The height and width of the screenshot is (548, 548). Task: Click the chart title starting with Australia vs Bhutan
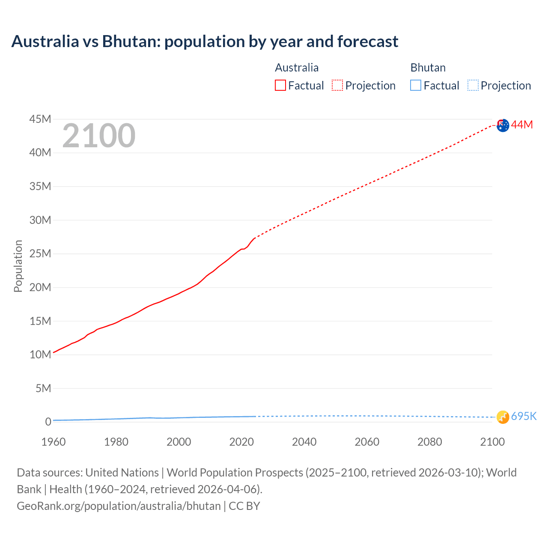pyautogui.click(x=205, y=42)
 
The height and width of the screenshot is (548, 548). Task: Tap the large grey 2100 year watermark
pyautogui.click(x=99, y=136)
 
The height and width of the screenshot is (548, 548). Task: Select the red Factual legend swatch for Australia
pyautogui.click(x=280, y=86)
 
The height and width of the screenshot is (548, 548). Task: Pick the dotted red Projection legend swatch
pyautogui.click(x=337, y=86)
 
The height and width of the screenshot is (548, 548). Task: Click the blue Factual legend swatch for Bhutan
pyautogui.click(x=416, y=86)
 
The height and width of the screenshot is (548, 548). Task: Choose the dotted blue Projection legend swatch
pyautogui.click(x=473, y=86)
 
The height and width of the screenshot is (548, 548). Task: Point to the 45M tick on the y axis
pyautogui.click(x=40, y=119)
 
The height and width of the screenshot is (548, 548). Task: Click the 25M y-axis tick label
pyautogui.click(x=40, y=253)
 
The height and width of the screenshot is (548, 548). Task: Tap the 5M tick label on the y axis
pyautogui.click(x=43, y=388)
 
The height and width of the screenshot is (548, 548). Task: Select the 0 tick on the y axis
pyautogui.click(x=48, y=422)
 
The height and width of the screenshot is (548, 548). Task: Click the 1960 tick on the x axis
pyautogui.click(x=54, y=442)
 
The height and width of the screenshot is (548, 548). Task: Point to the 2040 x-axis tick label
pyautogui.click(x=304, y=442)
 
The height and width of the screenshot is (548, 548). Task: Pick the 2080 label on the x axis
pyautogui.click(x=429, y=442)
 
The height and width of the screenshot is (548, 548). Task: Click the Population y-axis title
pyautogui.click(x=18, y=266)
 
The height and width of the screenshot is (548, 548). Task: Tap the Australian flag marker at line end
pyautogui.click(x=503, y=125)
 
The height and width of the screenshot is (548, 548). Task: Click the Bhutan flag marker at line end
pyautogui.click(x=503, y=417)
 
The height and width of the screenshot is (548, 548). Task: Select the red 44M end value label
pyautogui.click(x=522, y=125)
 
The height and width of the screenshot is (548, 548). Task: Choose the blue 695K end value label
pyautogui.click(x=524, y=417)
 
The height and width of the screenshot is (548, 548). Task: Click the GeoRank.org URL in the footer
pyautogui.click(x=119, y=506)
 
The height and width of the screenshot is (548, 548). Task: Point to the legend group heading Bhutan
pyautogui.click(x=428, y=68)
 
